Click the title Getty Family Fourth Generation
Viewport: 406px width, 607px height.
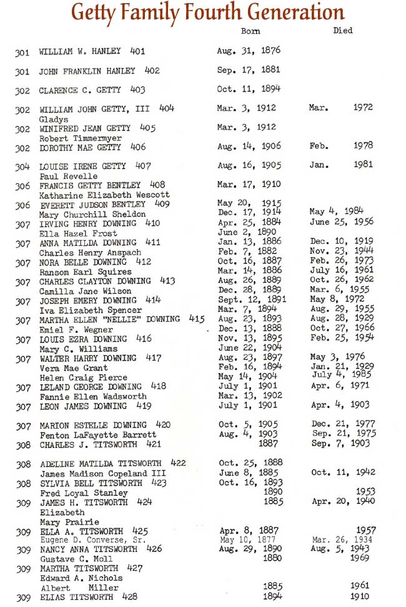pyautogui.click(x=208, y=12)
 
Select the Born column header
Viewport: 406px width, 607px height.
pyautogui.click(x=250, y=31)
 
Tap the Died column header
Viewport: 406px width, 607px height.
pyautogui.click(x=343, y=30)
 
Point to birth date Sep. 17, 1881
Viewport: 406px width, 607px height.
pyautogui.click(x=248, y=70)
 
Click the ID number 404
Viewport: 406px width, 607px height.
pyautogui.click(x=167, y=109)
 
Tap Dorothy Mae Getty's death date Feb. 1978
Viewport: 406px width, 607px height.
pyautogui.click(x=341, y=146)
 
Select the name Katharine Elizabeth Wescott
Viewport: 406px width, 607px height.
pyautogui.click(x=104, y=195)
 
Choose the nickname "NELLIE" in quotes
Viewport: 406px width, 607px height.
pyautogui.click(x=129, y=320)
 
